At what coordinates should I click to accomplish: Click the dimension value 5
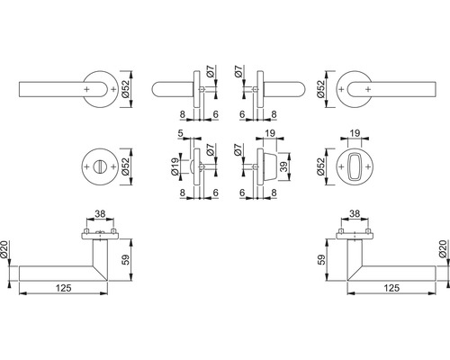[180, 133]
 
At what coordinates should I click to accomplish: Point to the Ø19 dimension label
[175, 166]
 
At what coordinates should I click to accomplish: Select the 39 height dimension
[283, 166]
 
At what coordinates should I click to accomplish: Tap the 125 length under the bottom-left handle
[64, 288]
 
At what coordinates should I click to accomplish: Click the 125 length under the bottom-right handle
[391, 288]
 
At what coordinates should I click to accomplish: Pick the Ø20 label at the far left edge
[4, 249]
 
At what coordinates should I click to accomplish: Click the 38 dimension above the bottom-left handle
[100, 214]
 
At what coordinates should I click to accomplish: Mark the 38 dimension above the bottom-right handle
[355, 214]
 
